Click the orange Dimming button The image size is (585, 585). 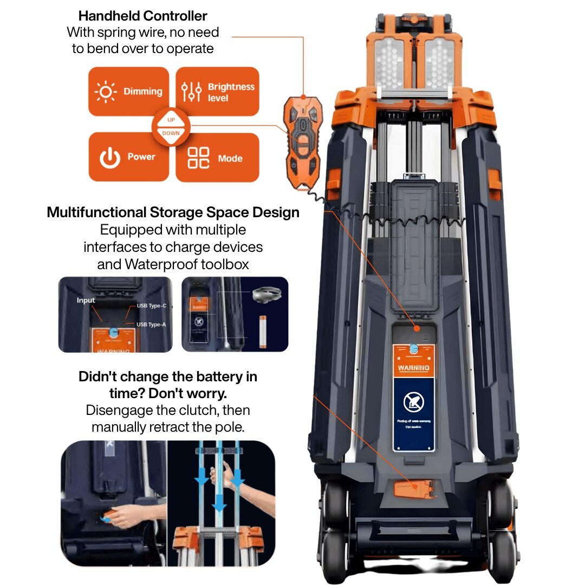pyautogui.click(x=128, y=92)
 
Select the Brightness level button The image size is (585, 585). pyautogui.click(x=217, y=92)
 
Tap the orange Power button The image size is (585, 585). pyautogui.click(x=128, y=157)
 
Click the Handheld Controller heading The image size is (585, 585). pyautogui.click(x=142, y=16)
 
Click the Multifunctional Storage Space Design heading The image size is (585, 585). pyautogui.click(x=173, y=212)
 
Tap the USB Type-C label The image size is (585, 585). pyautogui.click(x=151, y=306)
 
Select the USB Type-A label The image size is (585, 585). pyautogui.click(x=151, y=324)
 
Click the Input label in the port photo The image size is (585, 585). pyautogui.click(x=86, y=300)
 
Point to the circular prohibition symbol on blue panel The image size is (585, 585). pyautogui.click(x=414, y=402)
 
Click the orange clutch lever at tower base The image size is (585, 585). pyautogui.click(x=414, y=490)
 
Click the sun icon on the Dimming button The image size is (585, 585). pyautogui.click(x=106, y=92)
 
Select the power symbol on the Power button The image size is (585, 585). pyautogui.click(x=109, y=158)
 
